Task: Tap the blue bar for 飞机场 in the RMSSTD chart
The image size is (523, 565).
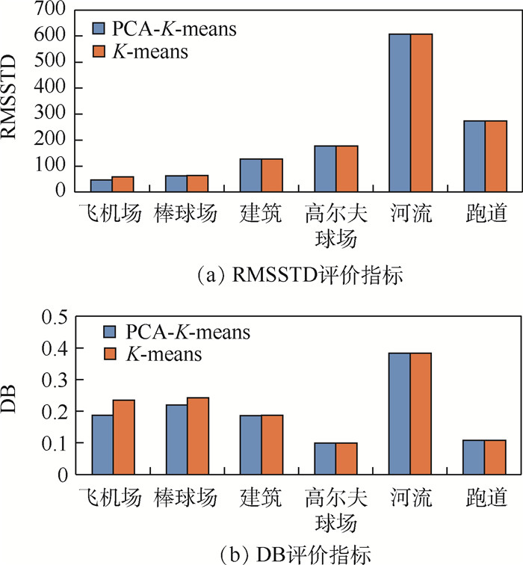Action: tap(102, 185)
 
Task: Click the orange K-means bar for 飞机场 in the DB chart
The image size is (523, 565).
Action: tap(123, 436)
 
